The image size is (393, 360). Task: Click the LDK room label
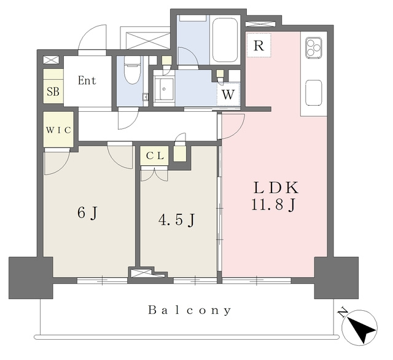pyautogui.click(x=276, y=187)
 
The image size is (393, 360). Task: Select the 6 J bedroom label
pyautogui.click(x=87, y=214)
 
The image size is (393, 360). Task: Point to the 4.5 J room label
pyautogui.click(x=177, y=220)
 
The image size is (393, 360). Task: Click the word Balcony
pyautogui.click(x=190, y=310)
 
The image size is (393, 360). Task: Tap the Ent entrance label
pyautogui.click(x=87, y=80)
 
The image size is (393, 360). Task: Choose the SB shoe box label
pyautogui.click(x=53, y=92)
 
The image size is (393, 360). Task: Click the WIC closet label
pyautogui.click(x=58, y=130)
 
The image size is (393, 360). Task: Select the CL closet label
pyautogui.click(x=155, y=156)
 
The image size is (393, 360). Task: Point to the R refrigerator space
pyautogui.click(x=259, y=45)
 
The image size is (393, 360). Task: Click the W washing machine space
pyautogui.click(x=228, y=95)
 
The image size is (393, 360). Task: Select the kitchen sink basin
pyautogui.click(x=314, y=93)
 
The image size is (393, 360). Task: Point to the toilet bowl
pyautogui.click(x=132, y=69)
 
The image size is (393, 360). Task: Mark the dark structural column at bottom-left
pyautogui.click(x=31, y=278)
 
